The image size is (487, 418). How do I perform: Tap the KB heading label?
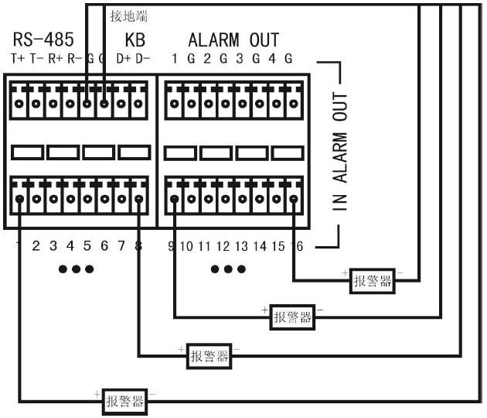point(135,39)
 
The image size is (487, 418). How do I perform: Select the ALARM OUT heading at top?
point(233,39)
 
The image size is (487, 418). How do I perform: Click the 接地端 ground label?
point(129,15)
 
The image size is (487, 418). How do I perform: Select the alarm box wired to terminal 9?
point(293,317)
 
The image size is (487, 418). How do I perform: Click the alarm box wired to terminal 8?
point(209,356)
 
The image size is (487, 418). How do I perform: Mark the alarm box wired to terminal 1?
point(125,400)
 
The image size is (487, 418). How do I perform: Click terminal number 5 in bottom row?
point(87,247)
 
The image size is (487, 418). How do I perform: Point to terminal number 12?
point(223,247)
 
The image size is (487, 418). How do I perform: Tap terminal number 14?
point(261,247)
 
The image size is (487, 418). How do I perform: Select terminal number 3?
point(53,247)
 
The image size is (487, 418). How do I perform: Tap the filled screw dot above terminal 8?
point(138,200)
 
